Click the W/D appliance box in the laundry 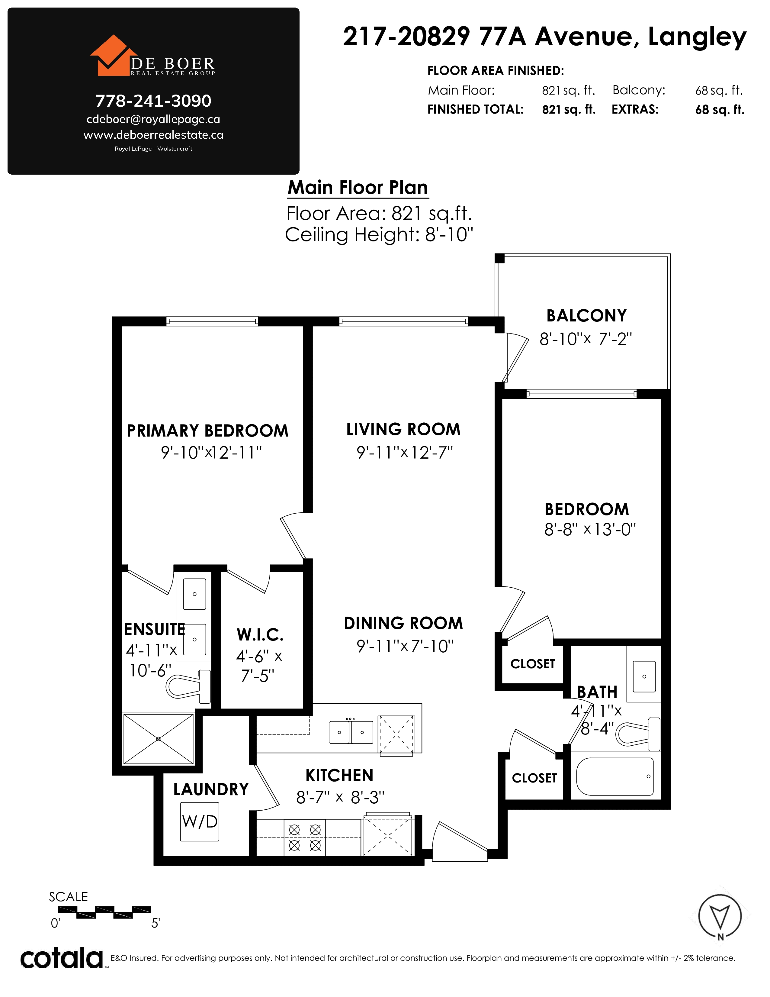coord(199,822)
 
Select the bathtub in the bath coord(615,776)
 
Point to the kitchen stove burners coord(305,838)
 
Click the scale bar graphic coord(104,912)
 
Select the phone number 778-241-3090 coord(153,101)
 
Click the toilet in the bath coord(638,734)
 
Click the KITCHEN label coord(339,776)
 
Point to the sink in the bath coord(644,676)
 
